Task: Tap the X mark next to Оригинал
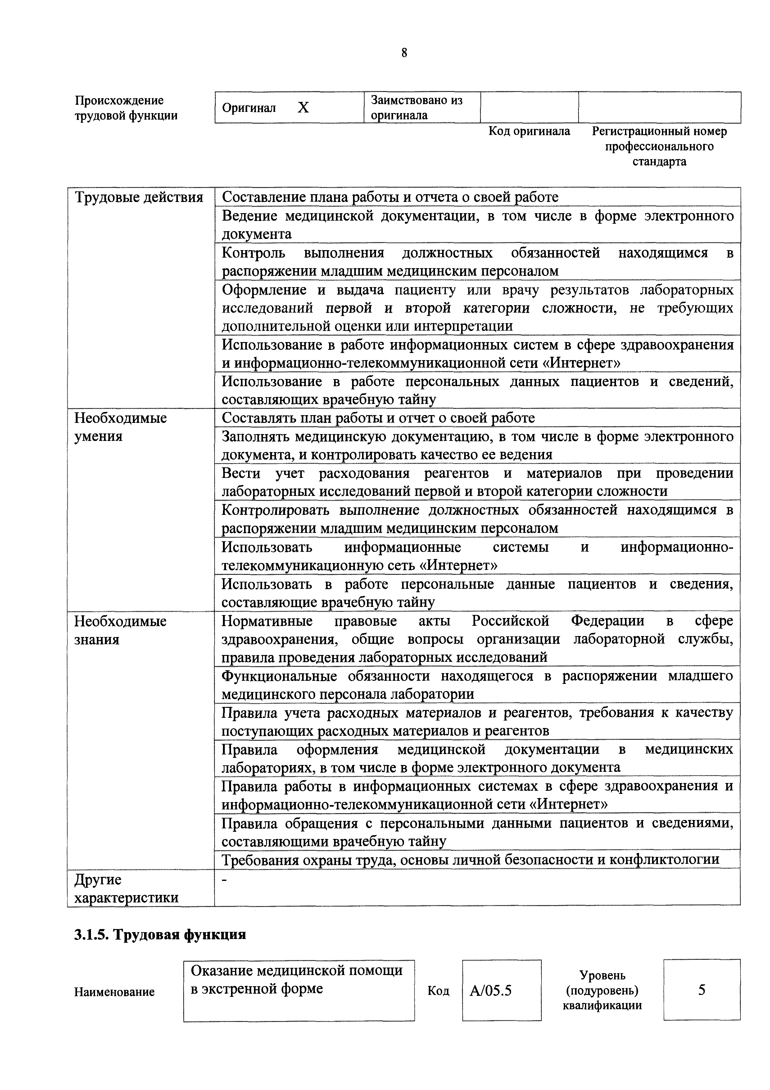click(x=303, y=108)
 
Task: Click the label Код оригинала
click(x=529, y=131)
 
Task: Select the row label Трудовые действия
click(x=139, y=197)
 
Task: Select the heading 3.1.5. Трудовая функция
click(x=160, y=934)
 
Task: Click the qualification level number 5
click(x=701, y=990)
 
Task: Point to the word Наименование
click(x=114, y=992)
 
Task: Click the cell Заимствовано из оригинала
click(x=417, y=108)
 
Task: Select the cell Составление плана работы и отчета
click(x=390, y=197)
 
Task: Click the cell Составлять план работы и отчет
click(x=378, y=418)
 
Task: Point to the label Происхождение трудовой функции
click(x=126, y=108)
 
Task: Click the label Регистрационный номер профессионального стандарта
click(x=659, y=146)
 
